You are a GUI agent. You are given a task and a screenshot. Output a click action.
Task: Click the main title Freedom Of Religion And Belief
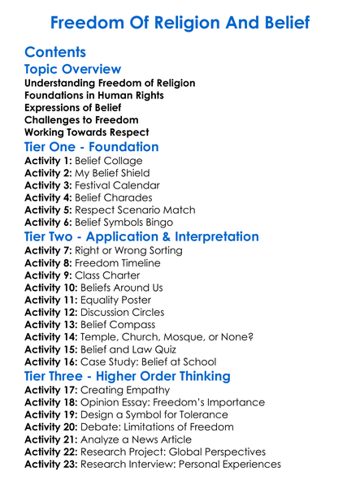[180, 22]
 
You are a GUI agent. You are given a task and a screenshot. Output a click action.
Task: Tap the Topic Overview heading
[73, 69]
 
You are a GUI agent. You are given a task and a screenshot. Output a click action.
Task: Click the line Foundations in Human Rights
[94, 95]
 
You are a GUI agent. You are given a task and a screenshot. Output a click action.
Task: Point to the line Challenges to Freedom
[81, 119]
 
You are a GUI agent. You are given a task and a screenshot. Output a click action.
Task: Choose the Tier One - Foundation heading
[92, 147]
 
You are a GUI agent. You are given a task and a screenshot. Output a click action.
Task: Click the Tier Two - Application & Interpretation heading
[142, 236]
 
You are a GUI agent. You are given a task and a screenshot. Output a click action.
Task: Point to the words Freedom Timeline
[118, 263]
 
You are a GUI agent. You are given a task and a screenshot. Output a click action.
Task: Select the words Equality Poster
[122, 300]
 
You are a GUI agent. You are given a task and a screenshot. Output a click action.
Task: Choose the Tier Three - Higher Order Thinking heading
[128, 376]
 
